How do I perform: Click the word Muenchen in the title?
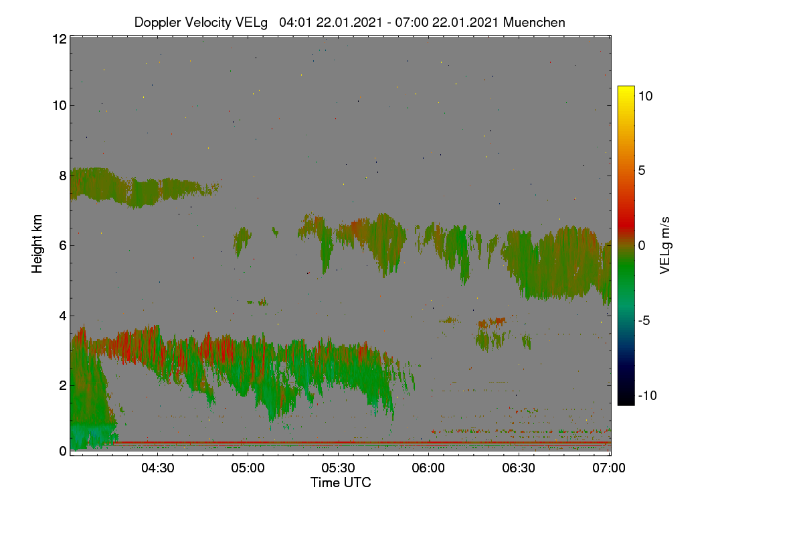point(534,23)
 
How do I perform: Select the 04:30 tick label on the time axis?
point(158,468)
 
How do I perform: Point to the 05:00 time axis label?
point(248,468)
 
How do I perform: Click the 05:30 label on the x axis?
point(338,468)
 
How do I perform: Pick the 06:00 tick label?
point(428,468)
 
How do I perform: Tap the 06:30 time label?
point(519,468)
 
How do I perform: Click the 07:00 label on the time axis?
point(609,468)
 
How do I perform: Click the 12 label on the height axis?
point(60,39)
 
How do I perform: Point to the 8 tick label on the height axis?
point(63,176)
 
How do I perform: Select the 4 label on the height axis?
point(63,316)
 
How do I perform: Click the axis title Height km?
point(37,244)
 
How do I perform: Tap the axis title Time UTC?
point(341,482)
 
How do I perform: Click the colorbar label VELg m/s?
point(665,246)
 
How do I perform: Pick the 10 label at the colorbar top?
point(645,96)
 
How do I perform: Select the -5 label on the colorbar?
point(644,320)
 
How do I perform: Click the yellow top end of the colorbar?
point(626,88)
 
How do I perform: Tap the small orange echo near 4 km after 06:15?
point(493,322)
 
